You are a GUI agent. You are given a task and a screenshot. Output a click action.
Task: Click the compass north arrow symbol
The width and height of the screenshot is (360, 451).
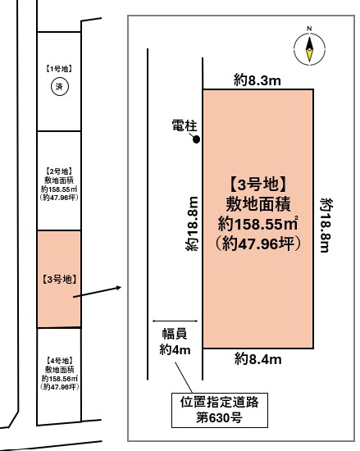tap(309, 48)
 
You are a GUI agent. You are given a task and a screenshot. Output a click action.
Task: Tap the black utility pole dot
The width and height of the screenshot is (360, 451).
tap(196, 139)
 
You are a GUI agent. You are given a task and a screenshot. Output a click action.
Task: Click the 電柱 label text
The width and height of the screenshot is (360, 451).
tap(185, 125)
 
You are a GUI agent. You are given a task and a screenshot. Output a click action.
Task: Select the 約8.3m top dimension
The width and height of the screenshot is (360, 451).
tap(257, 80)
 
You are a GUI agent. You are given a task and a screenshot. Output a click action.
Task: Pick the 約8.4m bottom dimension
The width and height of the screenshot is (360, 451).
tap(258, 359)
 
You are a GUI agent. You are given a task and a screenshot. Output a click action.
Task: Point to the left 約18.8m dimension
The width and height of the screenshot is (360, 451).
tap(192, 224)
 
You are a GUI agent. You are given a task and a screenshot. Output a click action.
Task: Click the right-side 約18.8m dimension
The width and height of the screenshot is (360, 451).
tap(327, 225)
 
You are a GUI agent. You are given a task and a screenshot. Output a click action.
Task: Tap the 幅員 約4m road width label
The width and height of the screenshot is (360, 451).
tap(175, 341)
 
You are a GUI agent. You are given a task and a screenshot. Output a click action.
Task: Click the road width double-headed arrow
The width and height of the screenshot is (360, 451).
tap(175, 321)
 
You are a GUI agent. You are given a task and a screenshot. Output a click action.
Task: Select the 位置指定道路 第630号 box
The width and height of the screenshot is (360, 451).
tap(220, 410)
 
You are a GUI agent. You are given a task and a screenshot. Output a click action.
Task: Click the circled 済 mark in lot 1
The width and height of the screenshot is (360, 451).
tap(60, 87)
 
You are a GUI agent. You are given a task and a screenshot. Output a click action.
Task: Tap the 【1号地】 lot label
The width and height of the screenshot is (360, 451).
tap(59, 69)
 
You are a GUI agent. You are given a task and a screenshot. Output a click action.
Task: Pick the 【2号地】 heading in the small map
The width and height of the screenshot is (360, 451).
tap(59, 171)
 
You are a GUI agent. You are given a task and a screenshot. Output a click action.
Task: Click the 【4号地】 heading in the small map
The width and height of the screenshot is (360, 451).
tap(59, 361)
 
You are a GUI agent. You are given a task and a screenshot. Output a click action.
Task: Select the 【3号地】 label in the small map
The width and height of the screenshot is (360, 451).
tap(59, 279)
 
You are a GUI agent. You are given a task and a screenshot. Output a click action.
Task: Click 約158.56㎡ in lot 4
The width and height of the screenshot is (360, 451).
tap(60, 378)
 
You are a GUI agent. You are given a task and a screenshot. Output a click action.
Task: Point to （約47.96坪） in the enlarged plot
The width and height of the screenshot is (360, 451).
tap(258, 244)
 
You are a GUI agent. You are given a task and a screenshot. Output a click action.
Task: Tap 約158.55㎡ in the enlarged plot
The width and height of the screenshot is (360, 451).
tap(257, 224)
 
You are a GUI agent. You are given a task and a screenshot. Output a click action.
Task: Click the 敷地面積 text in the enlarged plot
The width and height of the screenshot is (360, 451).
tap(258, 204)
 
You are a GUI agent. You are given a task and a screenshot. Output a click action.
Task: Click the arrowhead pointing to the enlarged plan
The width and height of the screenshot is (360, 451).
tap(118, 288)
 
